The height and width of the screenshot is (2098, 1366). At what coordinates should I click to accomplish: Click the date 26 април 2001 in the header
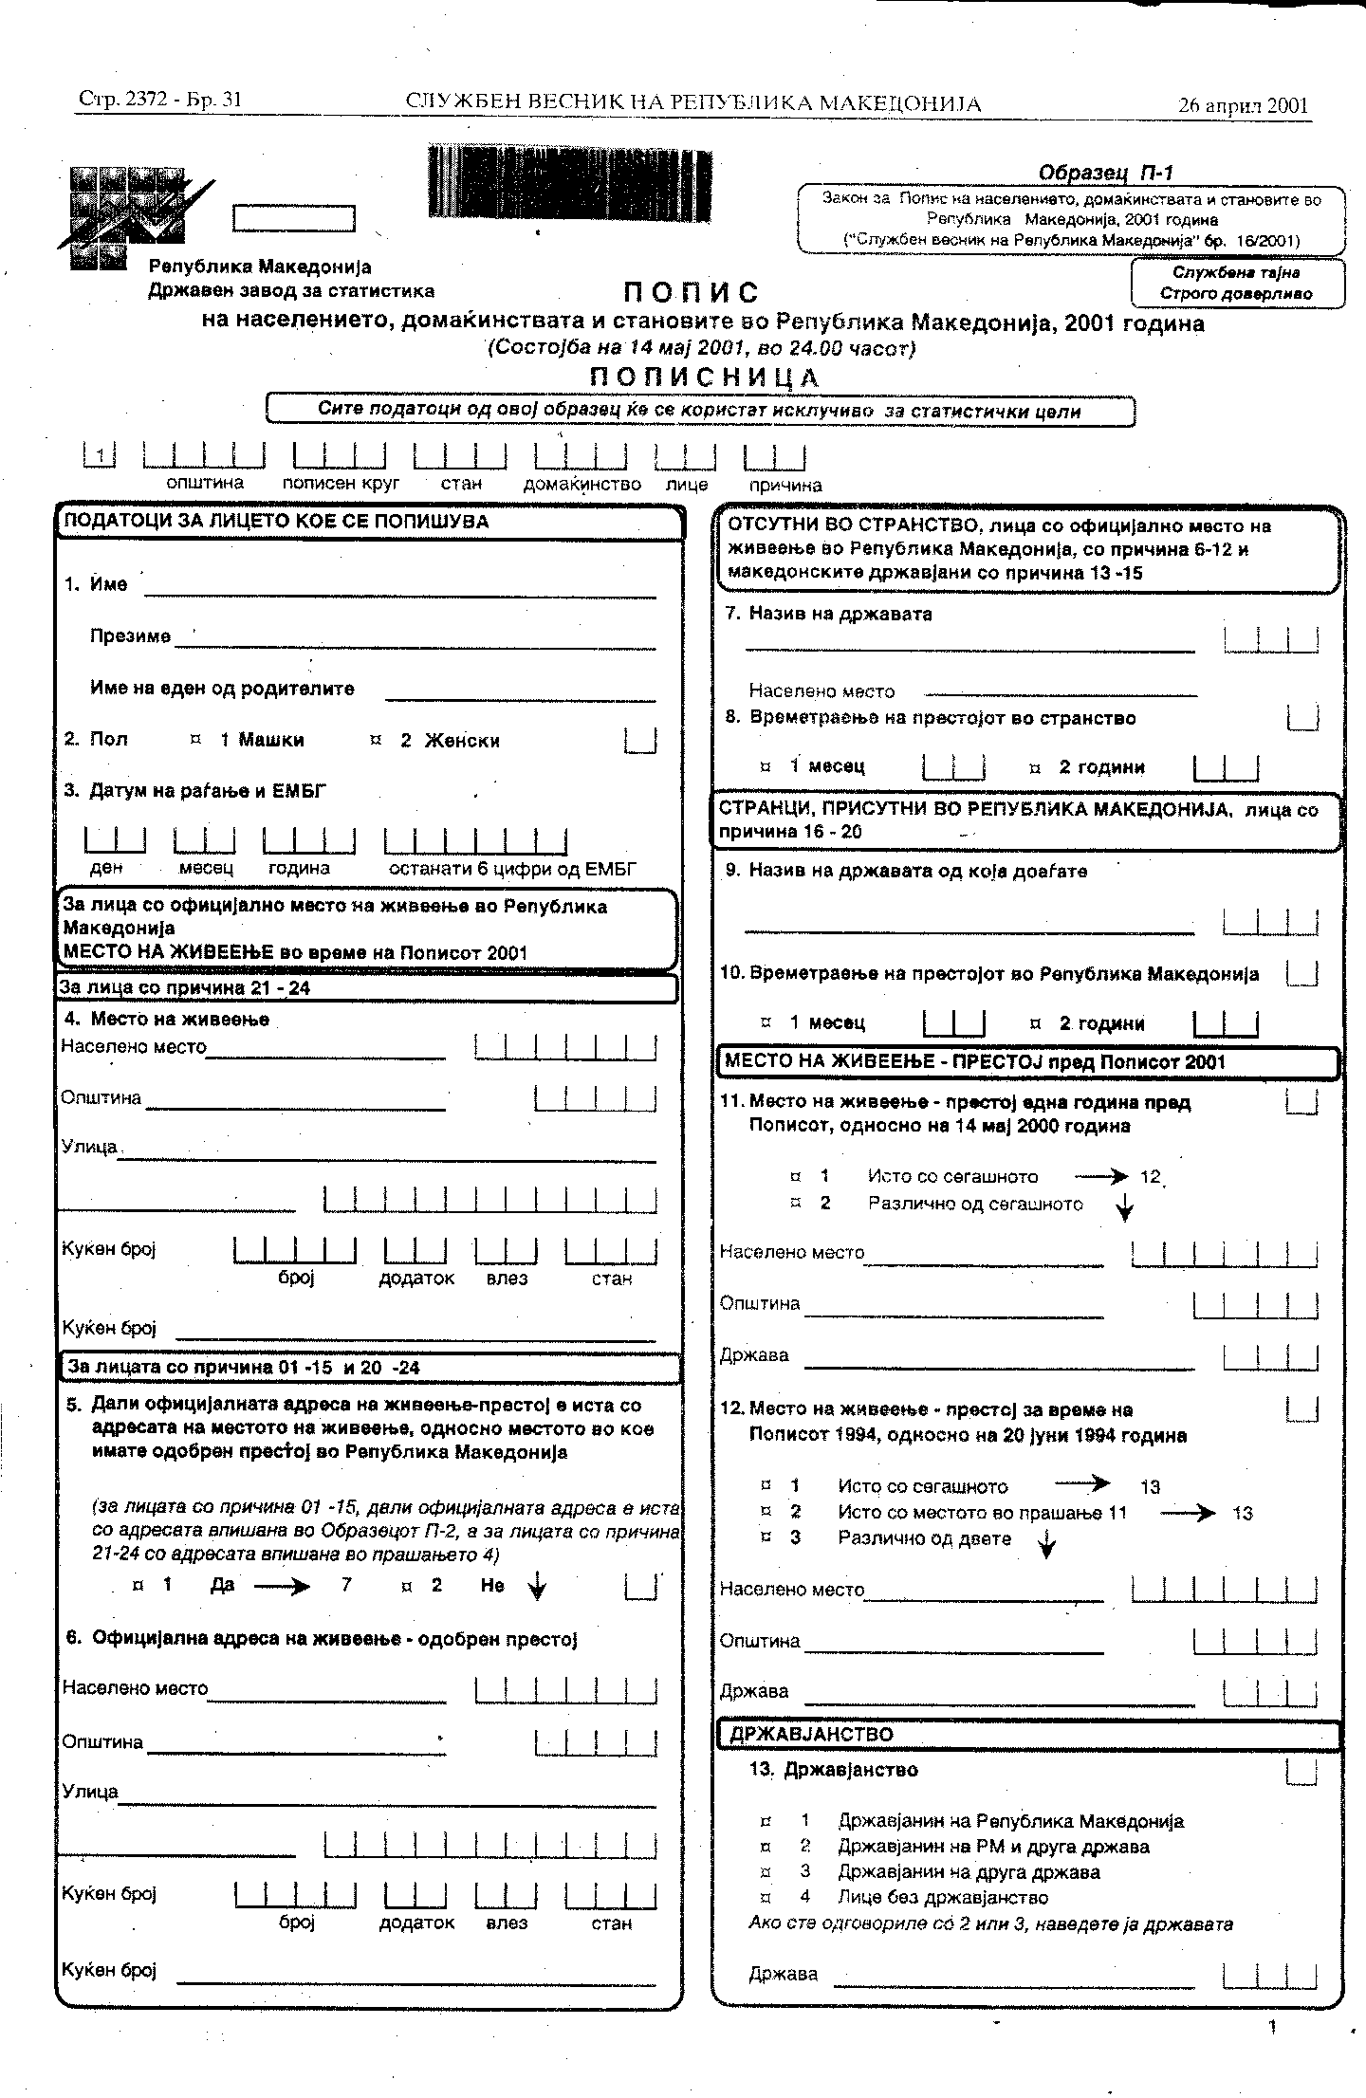pyautogui.click(x=1243, y=105)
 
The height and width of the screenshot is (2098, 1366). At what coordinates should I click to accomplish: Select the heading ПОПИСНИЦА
pyautogui.click(x=704, y=377)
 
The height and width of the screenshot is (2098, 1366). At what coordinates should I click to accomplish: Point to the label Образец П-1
pyautogui.click(x=1105, y=173)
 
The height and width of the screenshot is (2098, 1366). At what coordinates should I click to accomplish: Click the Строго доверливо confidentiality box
pyautogui.click(x=1237, y=284)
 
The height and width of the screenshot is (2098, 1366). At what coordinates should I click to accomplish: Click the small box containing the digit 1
pyautogui.click(x=100, y=456)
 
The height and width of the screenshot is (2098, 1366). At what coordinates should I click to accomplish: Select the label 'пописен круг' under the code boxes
pyautogui.click(x=341, y=483)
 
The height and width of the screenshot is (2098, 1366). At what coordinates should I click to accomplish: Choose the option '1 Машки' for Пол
pyautogui.click(x=251, y=741)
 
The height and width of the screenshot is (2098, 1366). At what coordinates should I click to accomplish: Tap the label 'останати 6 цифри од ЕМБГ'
pyautogui.click(x=512, y=869)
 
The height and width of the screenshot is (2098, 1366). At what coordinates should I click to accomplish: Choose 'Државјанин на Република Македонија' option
pyautogui.click(x=1009, y=1821)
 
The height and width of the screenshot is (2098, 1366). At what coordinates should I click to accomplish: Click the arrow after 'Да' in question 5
pyautogui.click(x=283, y=1586)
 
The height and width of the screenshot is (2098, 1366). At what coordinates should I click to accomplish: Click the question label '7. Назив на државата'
pyautogui.click(x=828, y=614)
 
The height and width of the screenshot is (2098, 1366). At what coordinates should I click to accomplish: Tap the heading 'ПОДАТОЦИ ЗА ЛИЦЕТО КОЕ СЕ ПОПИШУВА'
pyautogui.click(x=275, y=522)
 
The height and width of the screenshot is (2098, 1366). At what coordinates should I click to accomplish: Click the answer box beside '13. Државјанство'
pyautogui.click(x=1302, y=1770)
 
